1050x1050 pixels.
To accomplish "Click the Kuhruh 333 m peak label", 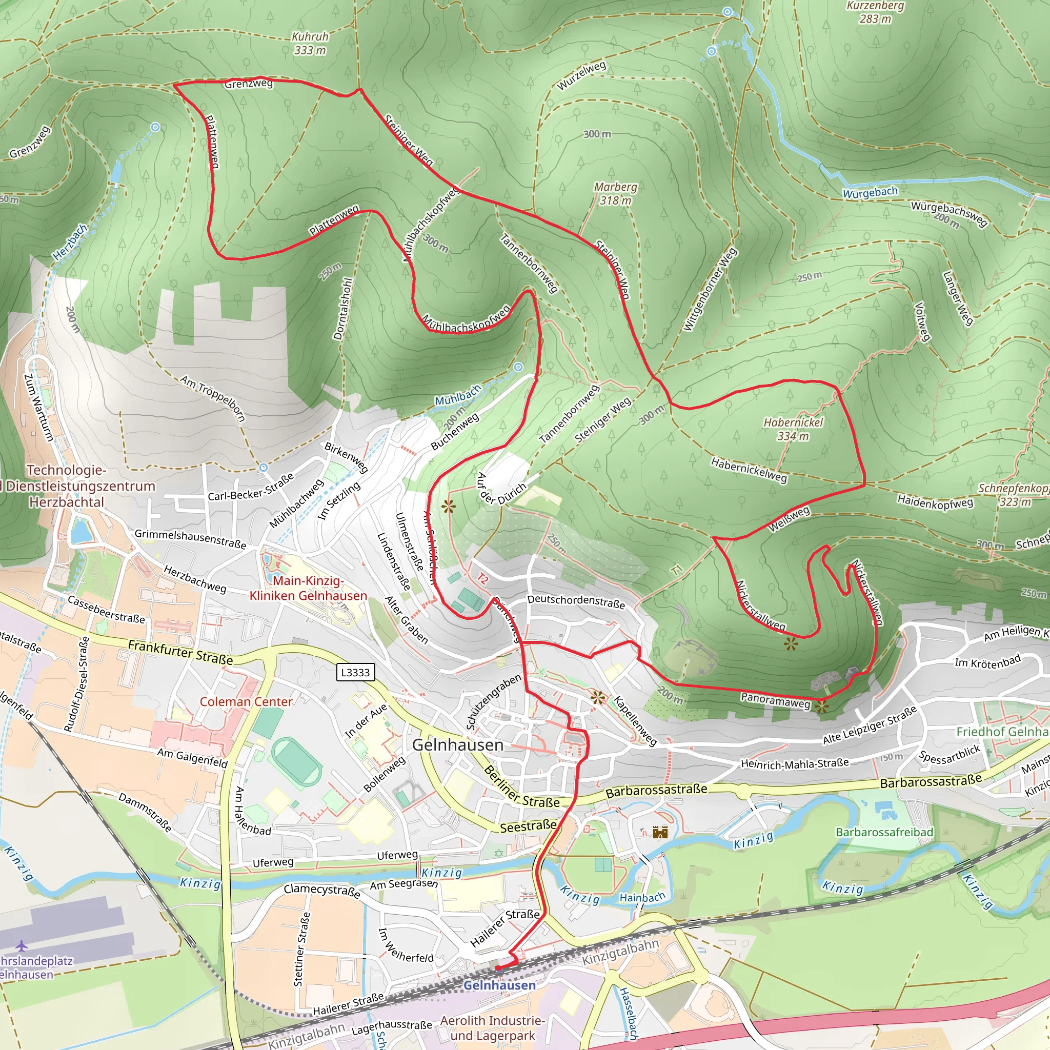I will pyautogui.click(x=310, y=44).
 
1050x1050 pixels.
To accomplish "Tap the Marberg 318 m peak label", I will pyautogui.click(x=615, y=193).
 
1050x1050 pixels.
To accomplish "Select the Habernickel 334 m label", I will pyautogui.click(x=793, y=429).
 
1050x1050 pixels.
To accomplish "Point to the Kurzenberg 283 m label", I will pyautogui.click(x=875, y=12).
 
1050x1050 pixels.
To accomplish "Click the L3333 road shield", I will pyautogui.click(x=355, y=672).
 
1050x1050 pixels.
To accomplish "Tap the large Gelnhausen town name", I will pyautogui.click(x=458, y=745).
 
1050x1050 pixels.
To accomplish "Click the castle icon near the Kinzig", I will pyautogui.click(x=660, y=832).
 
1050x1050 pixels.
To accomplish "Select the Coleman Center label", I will pyautogui.click(x=246, y=702).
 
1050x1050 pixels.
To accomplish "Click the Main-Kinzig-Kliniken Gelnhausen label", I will pyautogui.click(x=308, y=588).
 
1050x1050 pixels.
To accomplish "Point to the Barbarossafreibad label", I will pyautogui.click(x=884, y=832).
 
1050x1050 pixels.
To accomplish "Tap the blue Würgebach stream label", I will pyautogui.click(x=870, y=192).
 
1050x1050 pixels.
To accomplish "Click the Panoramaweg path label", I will pyautogui.click(x=775, y=700).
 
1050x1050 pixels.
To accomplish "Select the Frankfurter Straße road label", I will pyautogui.click(x=180, y=652).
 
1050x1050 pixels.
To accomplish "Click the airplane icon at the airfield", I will pyautogui.click(x=21, y=946).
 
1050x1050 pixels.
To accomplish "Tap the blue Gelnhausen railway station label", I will pyautogui.click(x=499, y=985).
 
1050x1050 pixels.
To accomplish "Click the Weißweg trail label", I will pyautogui.click(x=789, y=519).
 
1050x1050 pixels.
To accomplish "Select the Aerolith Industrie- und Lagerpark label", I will pyautogui.click(x=492, y=1028).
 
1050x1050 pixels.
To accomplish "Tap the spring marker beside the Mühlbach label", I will pyautogui.click(x=518, y=367).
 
